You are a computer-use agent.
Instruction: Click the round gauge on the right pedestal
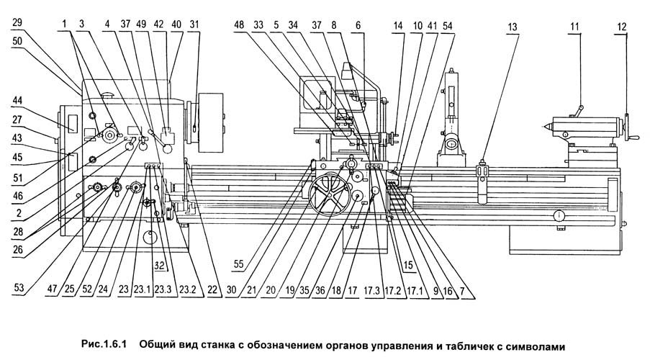(x=559, y=215)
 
